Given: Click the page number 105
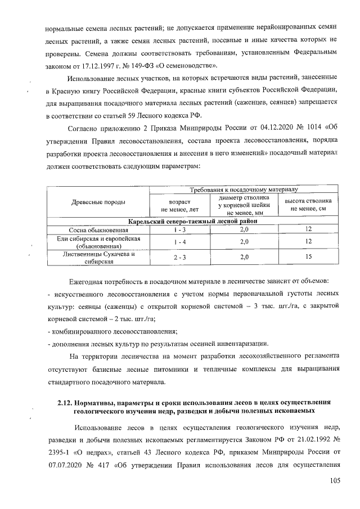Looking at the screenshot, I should [x=336, y=480].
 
